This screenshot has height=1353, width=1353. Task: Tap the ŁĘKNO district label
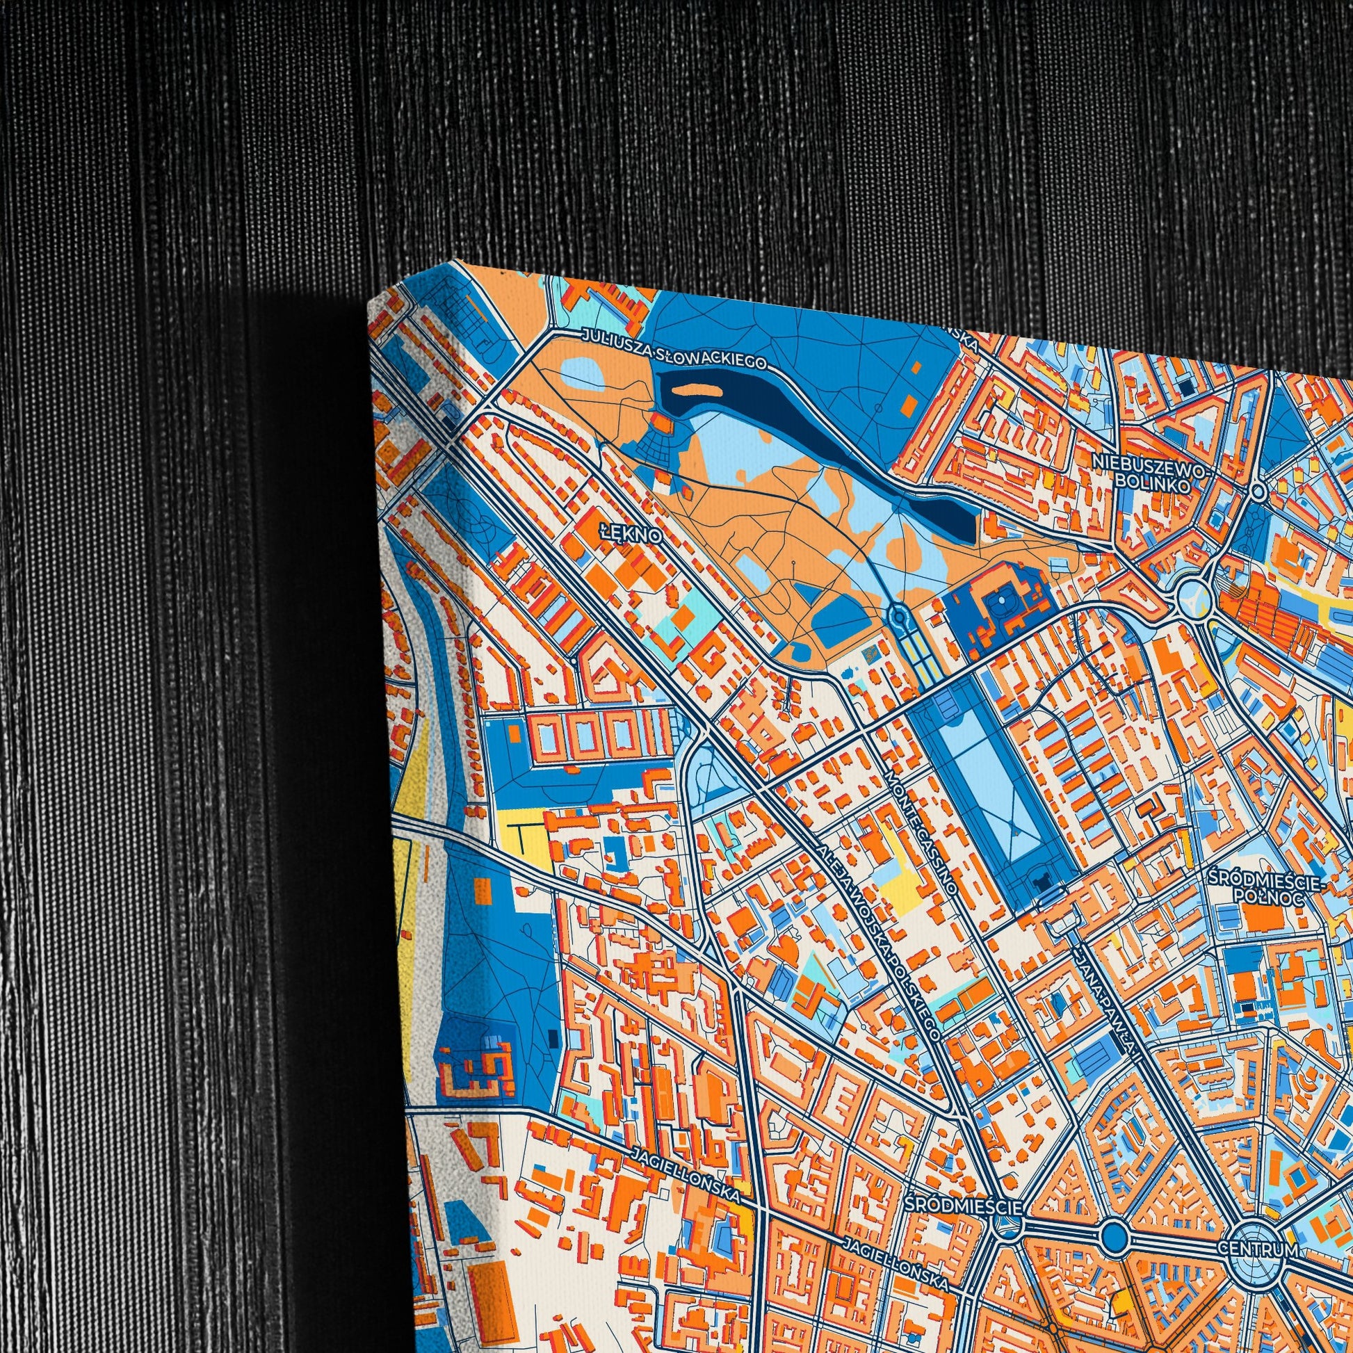(631, 535)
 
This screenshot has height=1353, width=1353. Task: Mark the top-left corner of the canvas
(368, 306)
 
